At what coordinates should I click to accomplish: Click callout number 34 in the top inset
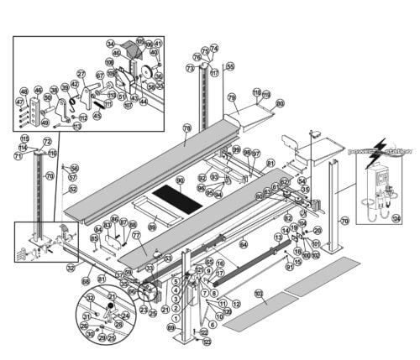coord(110,44)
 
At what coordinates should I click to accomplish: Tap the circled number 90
coord(180,180)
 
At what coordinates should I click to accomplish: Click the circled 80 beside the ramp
coord(280,103)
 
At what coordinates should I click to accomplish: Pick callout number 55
coord(230,66)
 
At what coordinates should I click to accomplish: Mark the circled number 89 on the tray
coord(152,227)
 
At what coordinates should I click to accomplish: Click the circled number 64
coord(244,244)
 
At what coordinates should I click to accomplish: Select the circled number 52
coord(73,190)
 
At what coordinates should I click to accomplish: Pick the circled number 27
coord(81,74)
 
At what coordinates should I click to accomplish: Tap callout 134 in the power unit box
coord(396,217)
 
